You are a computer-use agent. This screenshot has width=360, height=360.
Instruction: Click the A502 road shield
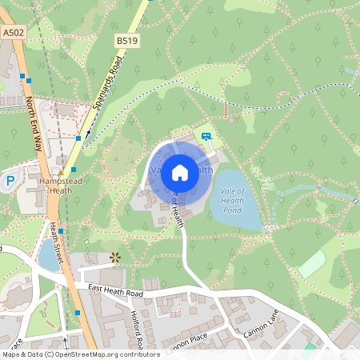pos(13,33)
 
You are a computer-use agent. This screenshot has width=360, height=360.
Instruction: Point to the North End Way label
pos(34,124)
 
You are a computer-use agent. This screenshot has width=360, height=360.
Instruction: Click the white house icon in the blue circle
pos(180,172)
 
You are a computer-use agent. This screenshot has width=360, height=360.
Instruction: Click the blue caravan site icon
pos(206,136)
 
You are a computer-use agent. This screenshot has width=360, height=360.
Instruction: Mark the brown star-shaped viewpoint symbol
pos(115,257)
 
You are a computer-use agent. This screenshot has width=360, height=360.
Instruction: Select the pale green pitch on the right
pos(311,263)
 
